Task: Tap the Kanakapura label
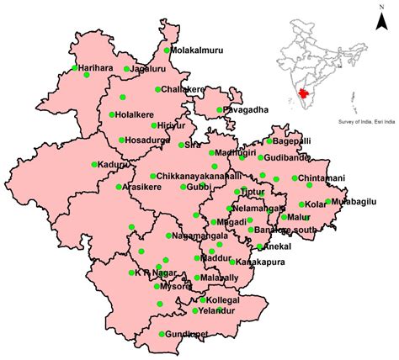(x=256, y=262)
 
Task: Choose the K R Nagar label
(x=154, y=273)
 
